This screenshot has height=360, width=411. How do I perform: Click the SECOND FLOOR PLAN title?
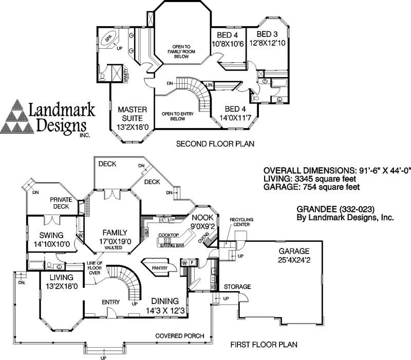(x=215, y=143)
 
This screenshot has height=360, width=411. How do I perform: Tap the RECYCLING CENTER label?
(x=241, y=222)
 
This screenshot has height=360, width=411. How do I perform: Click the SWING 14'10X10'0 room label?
(x=51, y=240)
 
